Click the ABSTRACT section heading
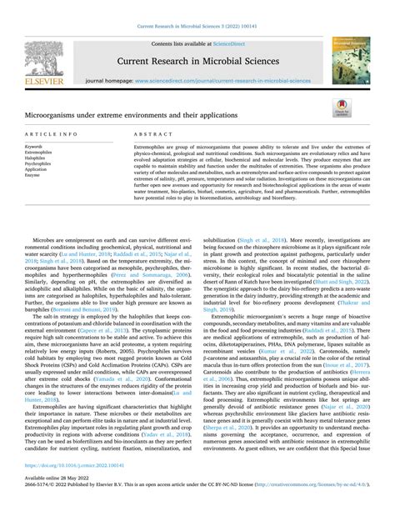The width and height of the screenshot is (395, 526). point(150,134)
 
